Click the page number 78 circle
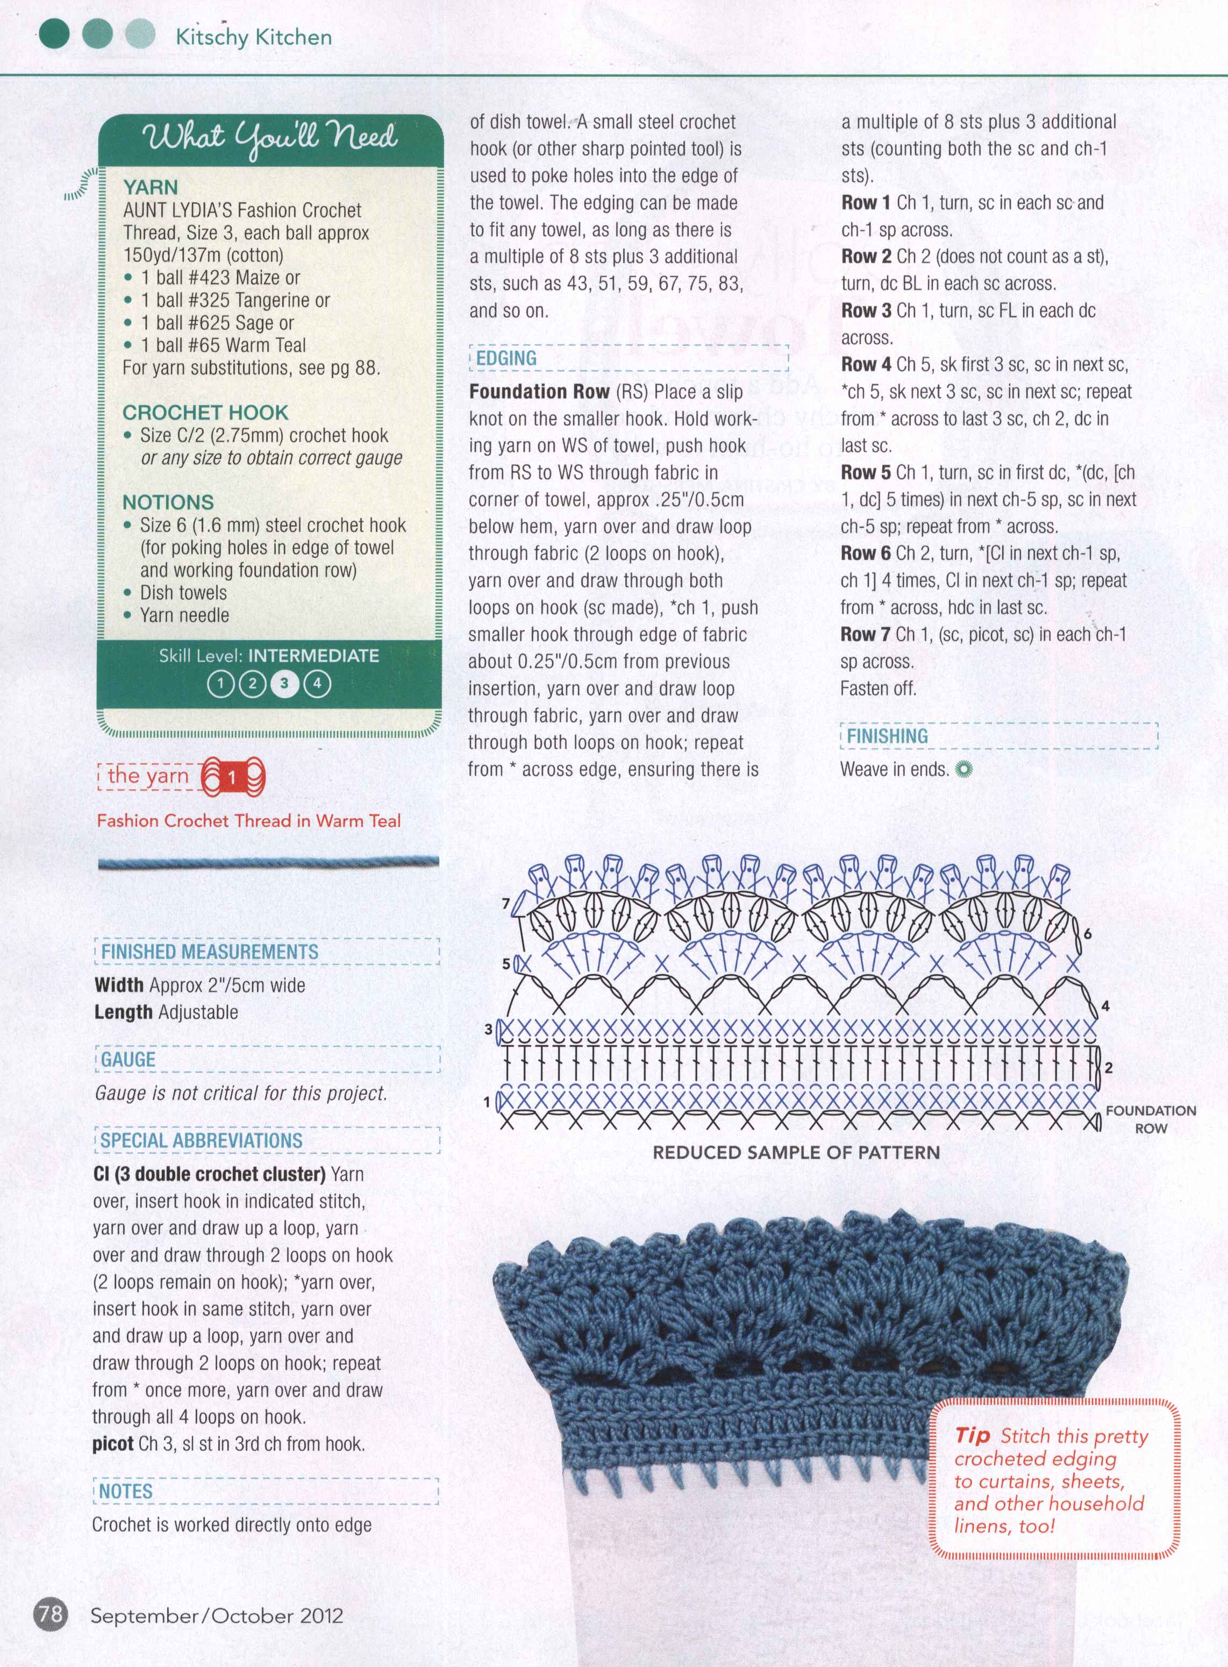point(49,1614)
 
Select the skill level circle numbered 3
point(284,683)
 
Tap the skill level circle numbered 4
point(317,683)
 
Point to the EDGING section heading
point(506,358)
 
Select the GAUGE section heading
point(128,1060)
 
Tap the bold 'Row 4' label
point(866,364)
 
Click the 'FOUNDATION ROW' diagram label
point(1151,1119)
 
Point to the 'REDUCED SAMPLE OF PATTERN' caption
point(796,1152)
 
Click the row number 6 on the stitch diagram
point(1088,934)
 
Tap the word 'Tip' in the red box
point(972,1435)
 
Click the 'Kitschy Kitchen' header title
point(253,37)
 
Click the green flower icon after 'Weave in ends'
point(964,769)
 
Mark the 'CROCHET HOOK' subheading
point(205,413)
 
